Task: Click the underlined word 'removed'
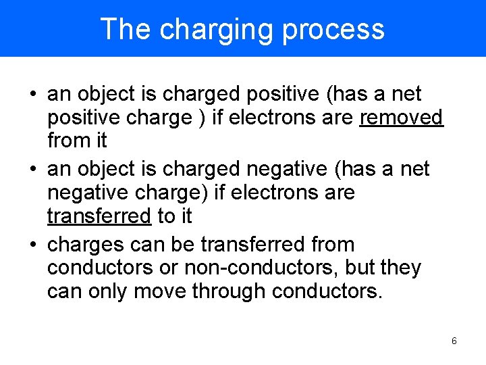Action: coord(402,118)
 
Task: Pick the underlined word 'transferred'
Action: coord(99,216)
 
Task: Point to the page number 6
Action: coord(454,341)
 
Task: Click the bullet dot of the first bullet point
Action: coord(33,94)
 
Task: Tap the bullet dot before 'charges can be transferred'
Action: coord(33,244)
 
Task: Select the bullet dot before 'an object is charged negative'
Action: coord(33,169)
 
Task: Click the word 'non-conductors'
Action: coord(261,268)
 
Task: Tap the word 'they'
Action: coord(401,268)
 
